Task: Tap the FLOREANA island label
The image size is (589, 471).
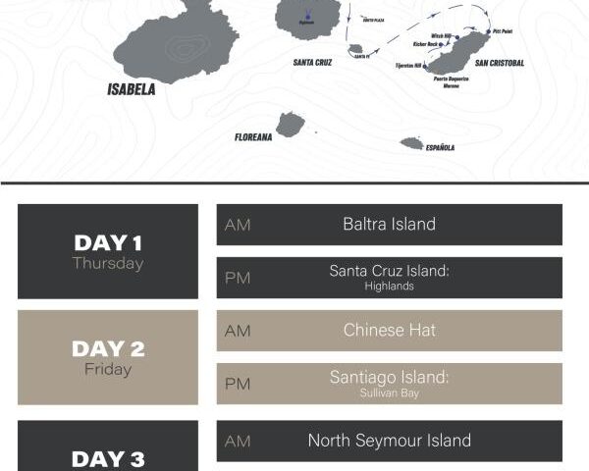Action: click(x=253, y=137)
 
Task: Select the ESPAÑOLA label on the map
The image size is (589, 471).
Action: click(x=440, y=148)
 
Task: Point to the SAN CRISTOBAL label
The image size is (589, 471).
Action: click(x=500, y=64)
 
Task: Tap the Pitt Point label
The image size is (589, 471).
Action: click(x=502, y=31)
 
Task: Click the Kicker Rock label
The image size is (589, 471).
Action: click(x=427, y=44)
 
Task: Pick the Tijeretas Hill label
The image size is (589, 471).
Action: click(x=407, y=67)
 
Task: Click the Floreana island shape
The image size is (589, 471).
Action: click(x=290, y=124)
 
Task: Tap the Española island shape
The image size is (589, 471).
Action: click(x=412, y=143)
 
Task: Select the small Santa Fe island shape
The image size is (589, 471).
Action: click(x=355, y=49)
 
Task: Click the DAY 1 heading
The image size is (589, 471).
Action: click(x=108, y=242)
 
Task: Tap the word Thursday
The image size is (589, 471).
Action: click(x=108, y=263)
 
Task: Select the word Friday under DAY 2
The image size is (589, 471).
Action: click(x=108, y=369)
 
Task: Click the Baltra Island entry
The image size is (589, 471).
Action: click(x=389, y=224)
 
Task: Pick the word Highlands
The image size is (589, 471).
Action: click(x=389, y=287)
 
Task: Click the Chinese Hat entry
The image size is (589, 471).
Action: click(x=389, y=330)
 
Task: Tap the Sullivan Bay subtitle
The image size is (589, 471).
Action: click(x=389, y=392)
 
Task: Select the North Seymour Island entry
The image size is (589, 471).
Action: click(x=389, y=441)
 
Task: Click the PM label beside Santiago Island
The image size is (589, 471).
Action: click(x=238, y=384)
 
